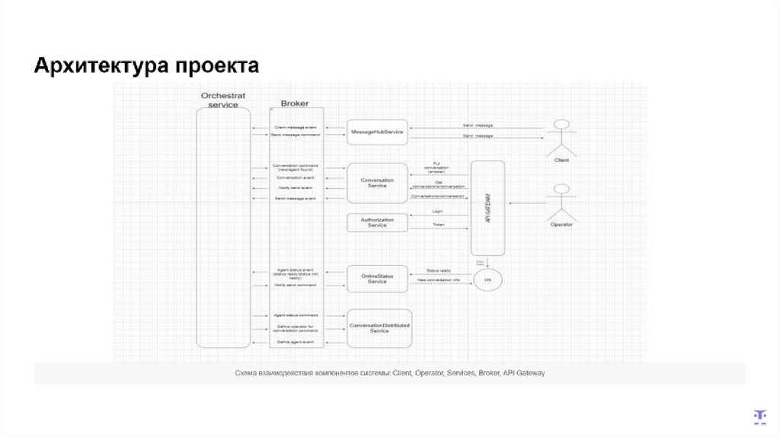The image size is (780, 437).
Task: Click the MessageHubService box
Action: coord(377,132)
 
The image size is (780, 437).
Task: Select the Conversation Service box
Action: coord(377,183)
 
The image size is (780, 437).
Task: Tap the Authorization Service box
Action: coord(377,222)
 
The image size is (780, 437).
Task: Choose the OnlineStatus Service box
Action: coord(377,279)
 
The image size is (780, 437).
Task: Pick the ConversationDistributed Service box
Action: coord(379,327)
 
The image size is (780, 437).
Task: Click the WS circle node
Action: coord(487,281)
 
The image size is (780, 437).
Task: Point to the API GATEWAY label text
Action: coord(487,208)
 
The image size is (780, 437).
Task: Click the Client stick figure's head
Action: coord(562,124)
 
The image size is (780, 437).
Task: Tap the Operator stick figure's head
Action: coord(562,189)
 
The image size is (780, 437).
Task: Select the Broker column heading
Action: coord(295,103)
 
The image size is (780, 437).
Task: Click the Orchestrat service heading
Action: coord(223,100)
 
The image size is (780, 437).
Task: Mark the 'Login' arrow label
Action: coord(438,212)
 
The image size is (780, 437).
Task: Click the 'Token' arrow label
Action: coord(438,225)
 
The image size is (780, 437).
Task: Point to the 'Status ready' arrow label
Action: coord(438,270)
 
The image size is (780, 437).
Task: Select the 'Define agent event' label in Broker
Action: coord(295,343)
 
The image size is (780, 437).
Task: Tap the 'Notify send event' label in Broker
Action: coord(295,187)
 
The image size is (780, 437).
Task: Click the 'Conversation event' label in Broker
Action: coord(295,177)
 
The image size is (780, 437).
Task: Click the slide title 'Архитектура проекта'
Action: coord(145,65)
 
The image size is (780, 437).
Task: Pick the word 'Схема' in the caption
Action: coord(248,373)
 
